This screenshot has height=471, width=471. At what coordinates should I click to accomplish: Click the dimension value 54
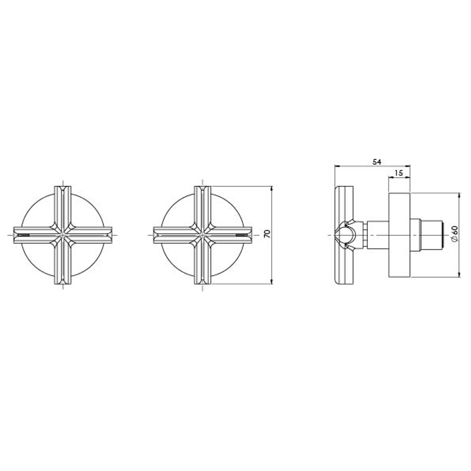[376, 162]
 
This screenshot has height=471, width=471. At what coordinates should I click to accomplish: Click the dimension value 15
[399, 173]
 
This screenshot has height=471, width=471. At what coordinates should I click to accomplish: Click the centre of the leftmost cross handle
[63, 235]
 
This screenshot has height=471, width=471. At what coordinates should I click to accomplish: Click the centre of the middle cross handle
[202, 235]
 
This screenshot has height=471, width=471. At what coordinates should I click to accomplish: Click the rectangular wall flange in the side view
[399, 235]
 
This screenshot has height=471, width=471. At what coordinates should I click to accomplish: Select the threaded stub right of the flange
[432, 235]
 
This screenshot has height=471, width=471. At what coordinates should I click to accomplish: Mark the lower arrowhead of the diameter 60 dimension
[459, 273]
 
